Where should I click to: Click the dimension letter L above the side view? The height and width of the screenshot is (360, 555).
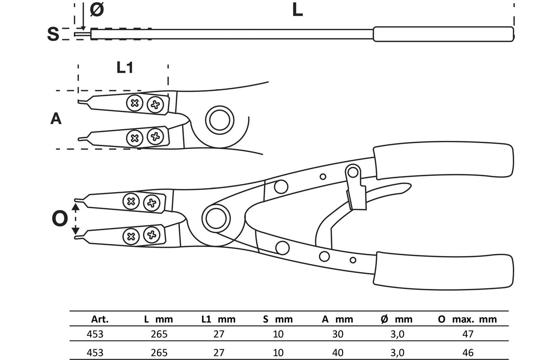pyautogui.click(x=297, y=10)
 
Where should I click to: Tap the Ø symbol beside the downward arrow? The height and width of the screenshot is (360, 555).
pyautogui.click(x=97, y=10)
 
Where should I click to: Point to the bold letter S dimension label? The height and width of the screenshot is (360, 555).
pyautogui.click(x=53, y=34)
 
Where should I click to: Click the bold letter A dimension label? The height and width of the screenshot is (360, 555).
pyautogui.click(x=56, y=118)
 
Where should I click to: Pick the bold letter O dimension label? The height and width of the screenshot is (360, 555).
pyautogui.click(x=60, y=219)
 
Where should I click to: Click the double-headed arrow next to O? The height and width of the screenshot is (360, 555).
pyautogui.click(x=76, y=219)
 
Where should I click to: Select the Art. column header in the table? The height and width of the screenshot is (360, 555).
pyautogui.click(x=100, y=319)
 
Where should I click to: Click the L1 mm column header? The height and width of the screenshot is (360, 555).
pyautogui.click(x=218, y=319)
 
